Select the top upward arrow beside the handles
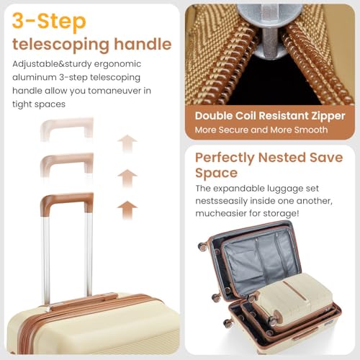(127, 143)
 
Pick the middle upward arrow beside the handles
(127, 176)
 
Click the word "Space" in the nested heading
(216, 174)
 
